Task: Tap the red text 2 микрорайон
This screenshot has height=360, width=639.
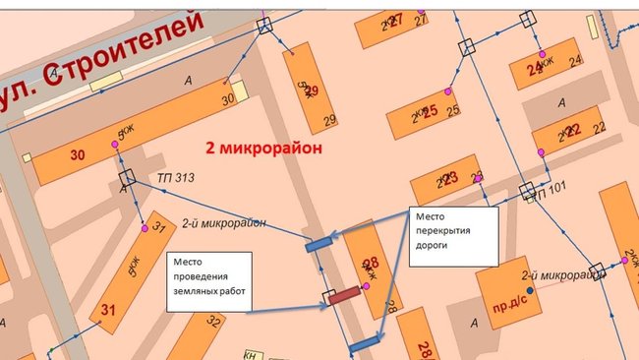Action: point(263,148)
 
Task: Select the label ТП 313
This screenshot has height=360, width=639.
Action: point(176,178)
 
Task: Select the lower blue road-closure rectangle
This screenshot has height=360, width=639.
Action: point(365,343)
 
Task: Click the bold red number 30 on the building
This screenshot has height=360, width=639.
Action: point(79,154)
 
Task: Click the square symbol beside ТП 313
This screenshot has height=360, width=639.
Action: point(126,178)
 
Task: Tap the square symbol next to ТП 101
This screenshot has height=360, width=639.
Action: point(527,190)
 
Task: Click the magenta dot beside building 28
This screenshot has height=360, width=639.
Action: point(366,285)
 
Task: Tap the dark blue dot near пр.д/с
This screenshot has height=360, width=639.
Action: point(530,291)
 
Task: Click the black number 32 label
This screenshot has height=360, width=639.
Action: point(213,321)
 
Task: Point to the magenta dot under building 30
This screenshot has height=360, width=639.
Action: point(115,146)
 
